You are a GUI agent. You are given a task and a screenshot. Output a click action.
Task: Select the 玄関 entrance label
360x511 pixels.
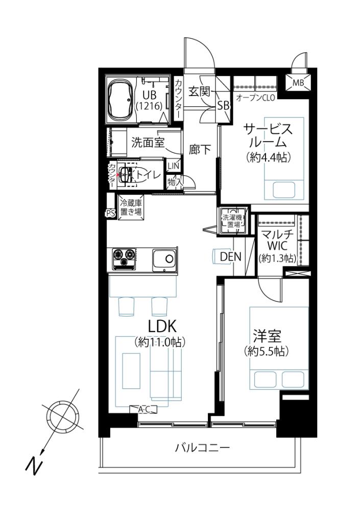point(199,92)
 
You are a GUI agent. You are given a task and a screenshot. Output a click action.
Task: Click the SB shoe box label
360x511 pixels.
point(224,105)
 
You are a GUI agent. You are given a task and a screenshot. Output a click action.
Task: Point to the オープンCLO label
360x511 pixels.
point(255,97)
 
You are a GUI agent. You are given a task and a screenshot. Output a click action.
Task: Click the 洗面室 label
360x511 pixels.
point(148,142)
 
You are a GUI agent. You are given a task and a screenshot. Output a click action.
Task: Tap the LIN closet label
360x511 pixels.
point(173,166)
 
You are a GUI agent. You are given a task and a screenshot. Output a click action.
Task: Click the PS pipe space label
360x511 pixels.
point(110,214)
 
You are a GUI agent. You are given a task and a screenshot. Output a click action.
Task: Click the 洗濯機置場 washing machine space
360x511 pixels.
point(233,221)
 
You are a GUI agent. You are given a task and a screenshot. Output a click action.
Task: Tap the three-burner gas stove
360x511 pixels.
point(124,259)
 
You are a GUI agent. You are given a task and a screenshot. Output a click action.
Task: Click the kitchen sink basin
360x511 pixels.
point(164,260)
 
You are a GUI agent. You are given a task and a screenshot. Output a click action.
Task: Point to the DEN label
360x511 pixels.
point(231,257)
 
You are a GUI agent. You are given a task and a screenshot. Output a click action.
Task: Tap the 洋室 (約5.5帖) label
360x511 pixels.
point(267,342)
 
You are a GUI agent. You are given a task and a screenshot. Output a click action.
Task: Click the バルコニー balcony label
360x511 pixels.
point(203,448)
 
